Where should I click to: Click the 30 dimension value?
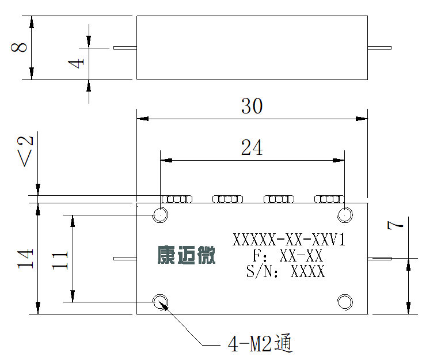(252, 106)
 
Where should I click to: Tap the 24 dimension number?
(252, 147)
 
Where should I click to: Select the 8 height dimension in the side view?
(19, 47)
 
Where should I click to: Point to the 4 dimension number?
(76, 63)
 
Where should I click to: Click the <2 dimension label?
(25, 151)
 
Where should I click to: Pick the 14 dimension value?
(25, 259)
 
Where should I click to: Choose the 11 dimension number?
(60, 260)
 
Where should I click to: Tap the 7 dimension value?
(396, 225)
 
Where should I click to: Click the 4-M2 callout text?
(260, 343)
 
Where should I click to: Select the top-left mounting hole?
(161, 215)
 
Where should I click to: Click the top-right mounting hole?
(345, 215)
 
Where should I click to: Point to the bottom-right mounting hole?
(345, 302)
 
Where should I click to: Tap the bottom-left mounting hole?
(161, 302)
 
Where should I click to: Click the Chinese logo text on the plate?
(186, 255)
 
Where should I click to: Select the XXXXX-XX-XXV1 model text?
(289, 240)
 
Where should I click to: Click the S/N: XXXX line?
(286, 271)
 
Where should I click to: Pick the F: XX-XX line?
(287, 255)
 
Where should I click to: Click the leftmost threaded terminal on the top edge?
(177, 199)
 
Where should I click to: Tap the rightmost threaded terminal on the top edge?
(330, 199)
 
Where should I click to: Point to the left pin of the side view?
(125, 48)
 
